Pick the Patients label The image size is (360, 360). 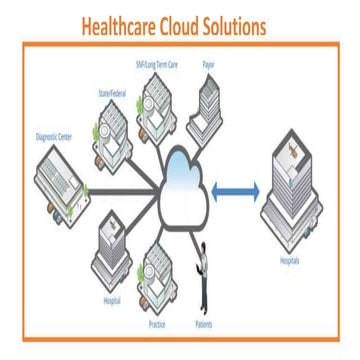pyautogui.click(x=203, y=324)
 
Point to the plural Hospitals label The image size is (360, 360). pyautogui.click(x=289, y=263)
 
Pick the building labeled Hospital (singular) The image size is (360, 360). pyautogui.click(x=112, y=255)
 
